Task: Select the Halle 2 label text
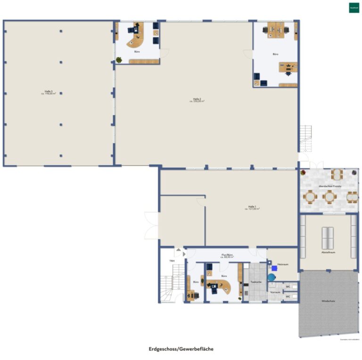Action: coord(197,99)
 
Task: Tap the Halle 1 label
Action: coord(252,207)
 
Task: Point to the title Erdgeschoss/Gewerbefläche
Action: coord(181,349)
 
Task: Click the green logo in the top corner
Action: coord(354,8)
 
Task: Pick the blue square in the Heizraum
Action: coord(274,269)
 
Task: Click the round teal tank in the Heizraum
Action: coord(271,278)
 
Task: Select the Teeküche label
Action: coord(256,282)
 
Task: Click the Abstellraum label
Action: coord(328,252)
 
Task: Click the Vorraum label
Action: coord(275,292)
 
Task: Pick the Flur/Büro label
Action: coord(227,256)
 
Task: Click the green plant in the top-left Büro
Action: coord(119,60)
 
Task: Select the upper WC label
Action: coord(288,286)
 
